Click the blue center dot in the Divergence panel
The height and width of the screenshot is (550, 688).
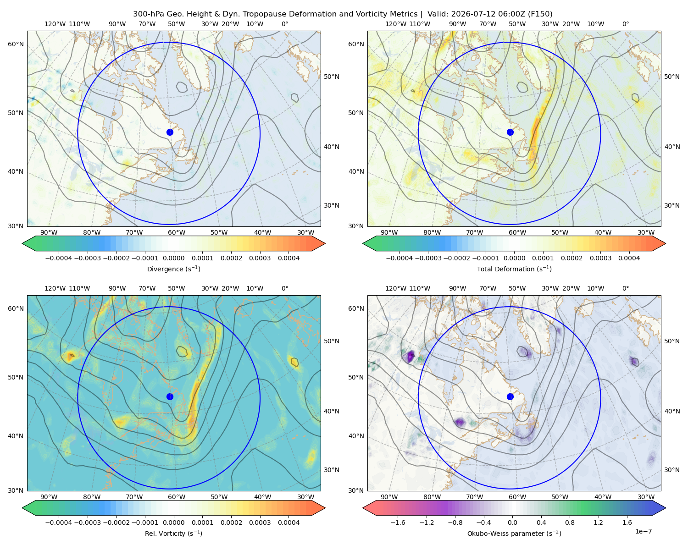coord(170,132)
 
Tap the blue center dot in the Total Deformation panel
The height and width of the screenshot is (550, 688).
coord(510,132)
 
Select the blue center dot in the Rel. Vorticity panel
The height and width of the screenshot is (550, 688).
coord(170,396)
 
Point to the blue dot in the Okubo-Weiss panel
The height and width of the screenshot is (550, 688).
coord(510,396)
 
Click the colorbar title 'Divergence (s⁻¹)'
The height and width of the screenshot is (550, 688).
coord(173,269)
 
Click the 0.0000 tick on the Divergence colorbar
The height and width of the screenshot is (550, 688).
coord(173,258)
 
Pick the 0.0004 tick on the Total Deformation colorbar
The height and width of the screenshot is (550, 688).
coord(629,258)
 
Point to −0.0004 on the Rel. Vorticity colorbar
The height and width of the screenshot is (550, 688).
coord(59,522)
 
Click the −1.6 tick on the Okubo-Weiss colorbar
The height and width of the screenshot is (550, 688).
coord(398,522)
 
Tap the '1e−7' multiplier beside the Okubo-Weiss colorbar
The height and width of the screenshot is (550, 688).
coord(643,531)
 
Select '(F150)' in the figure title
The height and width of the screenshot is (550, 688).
coord(540,14)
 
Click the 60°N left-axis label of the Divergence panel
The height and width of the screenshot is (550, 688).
coord(16,44)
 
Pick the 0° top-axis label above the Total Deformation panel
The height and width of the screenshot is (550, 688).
coord(625,24)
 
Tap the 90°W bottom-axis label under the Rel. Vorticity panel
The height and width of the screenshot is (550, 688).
coord(49,497)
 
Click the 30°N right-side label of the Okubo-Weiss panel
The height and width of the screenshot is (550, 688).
coord(671,470)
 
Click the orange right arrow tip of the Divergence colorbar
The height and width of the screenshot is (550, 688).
coord(325,243)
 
